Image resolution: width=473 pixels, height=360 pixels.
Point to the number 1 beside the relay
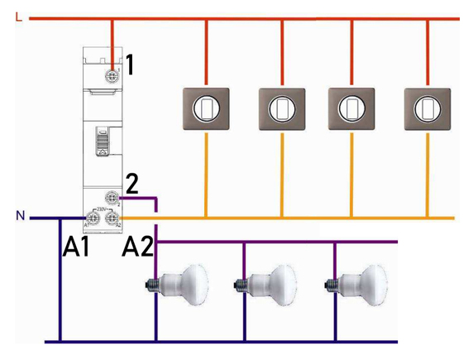click(130, 63)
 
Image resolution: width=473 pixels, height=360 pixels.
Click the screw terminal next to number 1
click(111, 74)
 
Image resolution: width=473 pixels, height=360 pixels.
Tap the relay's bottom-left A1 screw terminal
click(92, 218)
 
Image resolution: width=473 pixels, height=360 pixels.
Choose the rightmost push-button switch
click(428, 105)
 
